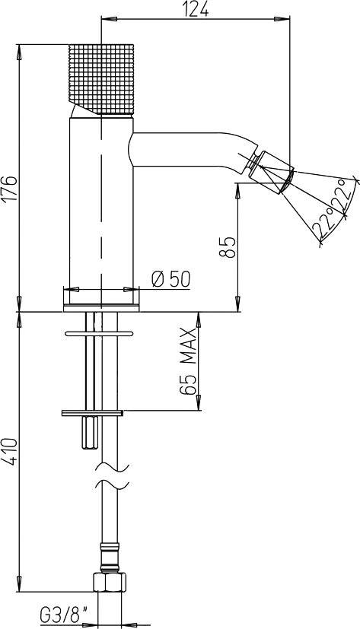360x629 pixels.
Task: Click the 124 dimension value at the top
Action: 196,8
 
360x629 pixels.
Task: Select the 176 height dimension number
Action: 11,188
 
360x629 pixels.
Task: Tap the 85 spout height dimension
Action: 228,247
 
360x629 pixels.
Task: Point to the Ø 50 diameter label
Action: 171,279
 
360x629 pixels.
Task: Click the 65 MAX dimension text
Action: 187,361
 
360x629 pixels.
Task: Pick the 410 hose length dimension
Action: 11,452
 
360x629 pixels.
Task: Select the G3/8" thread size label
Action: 64,615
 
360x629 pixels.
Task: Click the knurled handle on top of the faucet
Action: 101,79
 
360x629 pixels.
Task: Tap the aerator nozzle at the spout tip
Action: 271,172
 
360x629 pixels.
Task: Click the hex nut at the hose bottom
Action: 110,581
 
